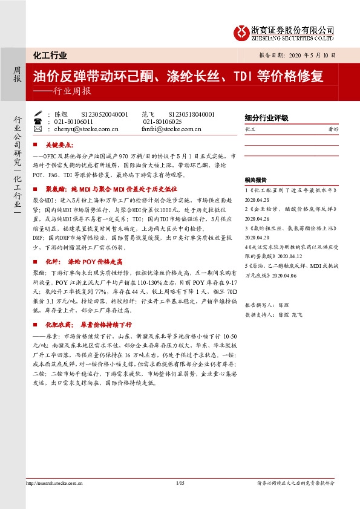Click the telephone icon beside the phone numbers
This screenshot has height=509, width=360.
pyautogui.click(x=38, y=122)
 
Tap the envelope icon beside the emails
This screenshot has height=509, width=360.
pyautogui.click(x=38, y=129)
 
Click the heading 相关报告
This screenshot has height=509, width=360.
pyautogui.click(x=256, y=180)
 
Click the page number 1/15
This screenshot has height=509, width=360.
pyautogui.click(x=180, y=484)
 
